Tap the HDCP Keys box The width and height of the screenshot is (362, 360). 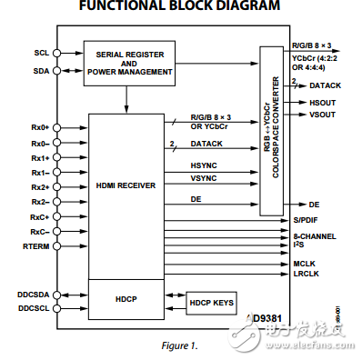click(211, 301)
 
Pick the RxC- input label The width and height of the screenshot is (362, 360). click(37, 231)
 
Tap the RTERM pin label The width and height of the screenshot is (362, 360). click(37, 245)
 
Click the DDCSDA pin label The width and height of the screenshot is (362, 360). click(33, 294)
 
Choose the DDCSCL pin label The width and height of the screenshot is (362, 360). click(33, 308)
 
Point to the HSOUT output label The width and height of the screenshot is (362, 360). click(323, 104)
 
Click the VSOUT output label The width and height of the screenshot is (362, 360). click(323, 115)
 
